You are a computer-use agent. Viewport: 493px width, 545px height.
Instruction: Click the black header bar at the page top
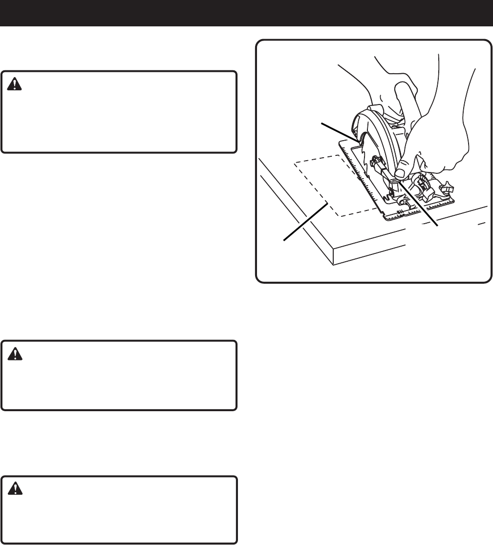click(x=246, y=13)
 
